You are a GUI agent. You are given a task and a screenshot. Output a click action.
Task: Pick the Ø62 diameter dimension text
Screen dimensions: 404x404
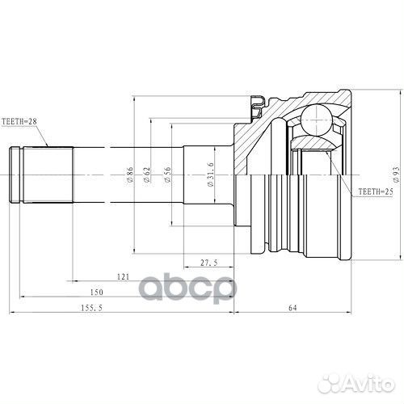[x=147, y=174]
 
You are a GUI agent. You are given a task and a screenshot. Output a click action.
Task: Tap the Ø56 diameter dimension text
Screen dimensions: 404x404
[x=167, y=175]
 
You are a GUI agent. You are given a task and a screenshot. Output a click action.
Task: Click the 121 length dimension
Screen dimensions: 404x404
[x=122, y=277]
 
